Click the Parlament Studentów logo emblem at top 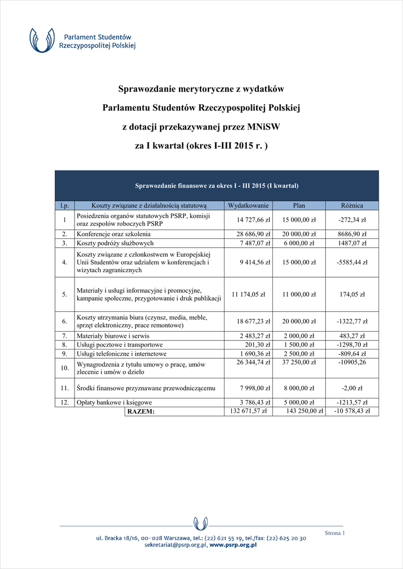coord(42,41)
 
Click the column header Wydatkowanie coord(248,206)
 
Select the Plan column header coord(299,206)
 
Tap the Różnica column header coord(352,206)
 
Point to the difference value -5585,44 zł coord(352,262)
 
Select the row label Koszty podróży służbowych coord(115,243)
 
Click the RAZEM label coord(141,412)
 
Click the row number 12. coord(64,402)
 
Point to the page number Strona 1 coord(335,533)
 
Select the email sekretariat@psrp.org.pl coord(175,546)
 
